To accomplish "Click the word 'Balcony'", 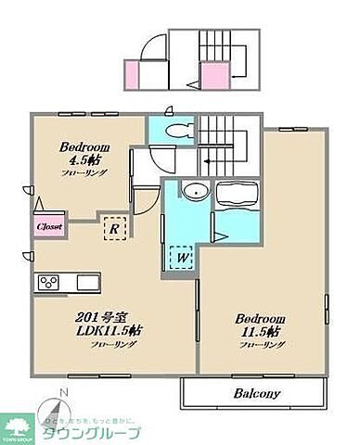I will coord(253,393).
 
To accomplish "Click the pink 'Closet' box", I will coord(49,225).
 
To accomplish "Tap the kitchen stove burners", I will coord(48,282).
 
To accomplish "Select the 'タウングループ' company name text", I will coord(100,433).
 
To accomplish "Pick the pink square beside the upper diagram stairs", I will coord(213,75).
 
